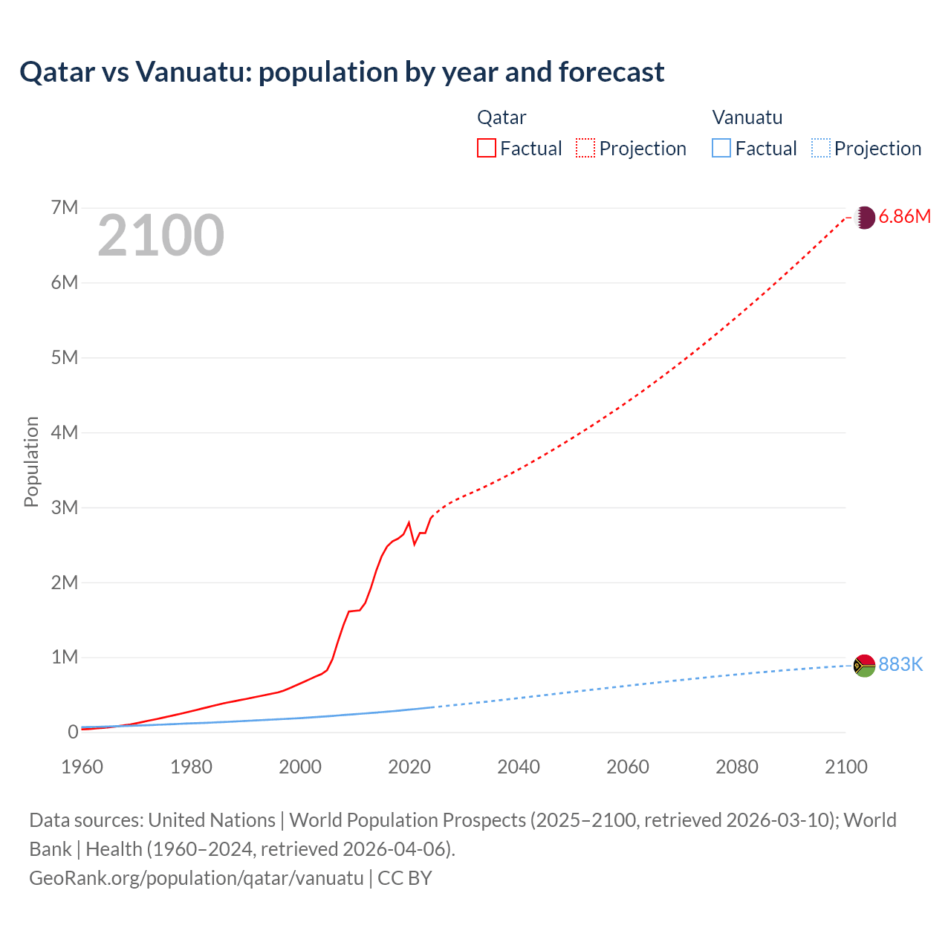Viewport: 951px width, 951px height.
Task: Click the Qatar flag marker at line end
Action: pyautogui.click(x=864, y=217)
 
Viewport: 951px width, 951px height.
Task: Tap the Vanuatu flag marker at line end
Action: pyautogui.click(x=864, y=666)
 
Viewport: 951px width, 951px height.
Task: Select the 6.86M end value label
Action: pyautogui.click(x=904, y=217)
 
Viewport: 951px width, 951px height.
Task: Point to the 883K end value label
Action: pyautogui.click(x=900, y=665)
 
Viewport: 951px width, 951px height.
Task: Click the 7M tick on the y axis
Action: pyautogui.click(x=65, y=207)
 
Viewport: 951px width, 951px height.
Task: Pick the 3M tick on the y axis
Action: pyautogui.click(x=65, y=507)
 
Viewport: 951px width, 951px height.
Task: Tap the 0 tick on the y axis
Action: pyautogui.click(x=73, y=732)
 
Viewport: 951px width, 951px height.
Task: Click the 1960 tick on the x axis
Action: pyautogui.click(x=82, y=767)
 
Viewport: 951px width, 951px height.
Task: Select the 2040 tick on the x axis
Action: pyautogui.click(x=519, y=767)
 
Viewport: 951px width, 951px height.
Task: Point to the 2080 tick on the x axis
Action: pyautogui.click(x=737, y=767)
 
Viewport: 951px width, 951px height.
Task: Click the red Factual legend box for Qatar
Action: pyautogui.click(x=487, y=149)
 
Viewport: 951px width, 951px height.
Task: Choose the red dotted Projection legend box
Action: pyautogui.click(x=585, y=149)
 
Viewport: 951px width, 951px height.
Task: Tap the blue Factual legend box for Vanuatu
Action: pyautogui.click(x=721, y=149)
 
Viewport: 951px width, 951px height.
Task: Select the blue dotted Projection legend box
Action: pyautogui.click(x=821, y=149)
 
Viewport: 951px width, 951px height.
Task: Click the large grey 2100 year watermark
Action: pyautogui.click(x=160, y=236)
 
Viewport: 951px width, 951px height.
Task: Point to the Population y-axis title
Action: pyautogui.click(x=31, y=461)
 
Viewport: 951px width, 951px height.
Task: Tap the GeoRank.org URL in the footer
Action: pyautogui.click(x=196, y=878)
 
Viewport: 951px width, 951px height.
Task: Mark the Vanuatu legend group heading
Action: pyautogui.click(x=747, y=117)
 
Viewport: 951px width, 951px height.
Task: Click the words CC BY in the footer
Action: pyautogui.click(x=405, y=878)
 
